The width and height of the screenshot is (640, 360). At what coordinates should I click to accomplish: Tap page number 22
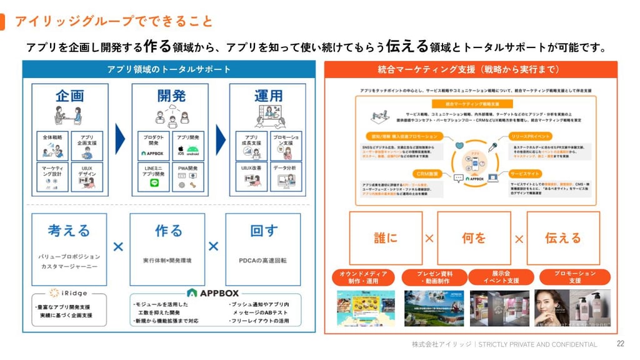[621, 344]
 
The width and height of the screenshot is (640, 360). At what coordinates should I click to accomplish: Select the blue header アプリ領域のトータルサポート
[169, 69]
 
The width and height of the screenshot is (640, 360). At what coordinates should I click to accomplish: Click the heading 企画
[69, 96]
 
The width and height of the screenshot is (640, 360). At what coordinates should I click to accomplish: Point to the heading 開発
[169, 96]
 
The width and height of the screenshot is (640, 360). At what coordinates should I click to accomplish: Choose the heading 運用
[268, 96]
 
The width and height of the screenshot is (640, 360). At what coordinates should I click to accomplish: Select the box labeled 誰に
[386, 238]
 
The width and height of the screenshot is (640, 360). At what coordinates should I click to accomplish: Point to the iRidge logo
[70, 292]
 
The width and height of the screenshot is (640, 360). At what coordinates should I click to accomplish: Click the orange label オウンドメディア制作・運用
[363, 277]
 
